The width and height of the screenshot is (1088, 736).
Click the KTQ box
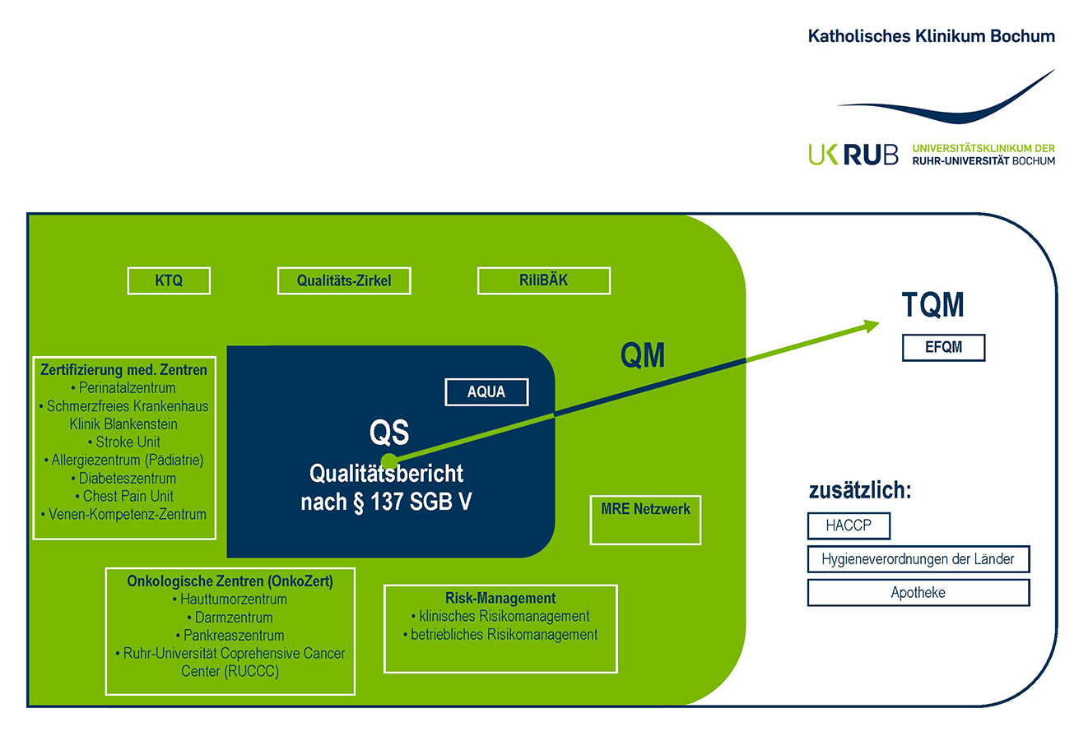coord(169,280)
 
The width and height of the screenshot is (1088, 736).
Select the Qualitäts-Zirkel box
coord(343,280)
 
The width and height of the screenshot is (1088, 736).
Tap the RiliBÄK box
coord(544,280)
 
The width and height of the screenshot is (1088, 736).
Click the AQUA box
coord(486,392)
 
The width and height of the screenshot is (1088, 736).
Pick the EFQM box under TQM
coord(943,348)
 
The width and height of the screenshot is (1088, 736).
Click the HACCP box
coord(849,525)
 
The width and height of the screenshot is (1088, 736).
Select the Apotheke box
coord(918,592)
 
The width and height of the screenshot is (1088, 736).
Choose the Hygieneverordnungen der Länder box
coord(918,559)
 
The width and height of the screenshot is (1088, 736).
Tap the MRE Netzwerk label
coord(645,509)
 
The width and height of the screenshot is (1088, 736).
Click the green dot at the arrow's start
coord(390,461)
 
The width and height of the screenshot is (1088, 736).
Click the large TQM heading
coord(932,305)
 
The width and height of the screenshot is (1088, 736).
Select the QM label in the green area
coord(642,354)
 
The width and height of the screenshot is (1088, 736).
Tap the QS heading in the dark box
coord(389,432)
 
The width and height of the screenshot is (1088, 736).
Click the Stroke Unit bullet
coord(123,442)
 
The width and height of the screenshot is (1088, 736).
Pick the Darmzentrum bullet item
coord(230,617)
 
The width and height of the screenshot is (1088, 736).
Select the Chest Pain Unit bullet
coord(123,496)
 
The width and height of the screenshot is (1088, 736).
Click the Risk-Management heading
coord(500,598)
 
